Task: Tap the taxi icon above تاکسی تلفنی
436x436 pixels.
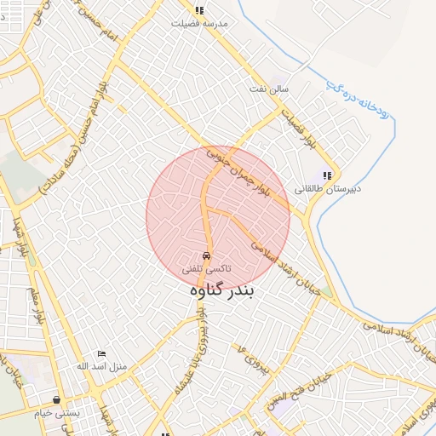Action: click(206, 255)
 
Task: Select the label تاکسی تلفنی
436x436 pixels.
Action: click(206, 268)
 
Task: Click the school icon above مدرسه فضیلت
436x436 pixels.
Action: click(199, 11)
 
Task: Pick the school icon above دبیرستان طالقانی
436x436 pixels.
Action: click(326, 175)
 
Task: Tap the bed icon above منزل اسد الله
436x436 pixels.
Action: click(102, 353)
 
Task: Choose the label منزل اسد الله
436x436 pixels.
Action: click(101, 366)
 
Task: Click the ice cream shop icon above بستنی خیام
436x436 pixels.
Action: click(57, 399)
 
